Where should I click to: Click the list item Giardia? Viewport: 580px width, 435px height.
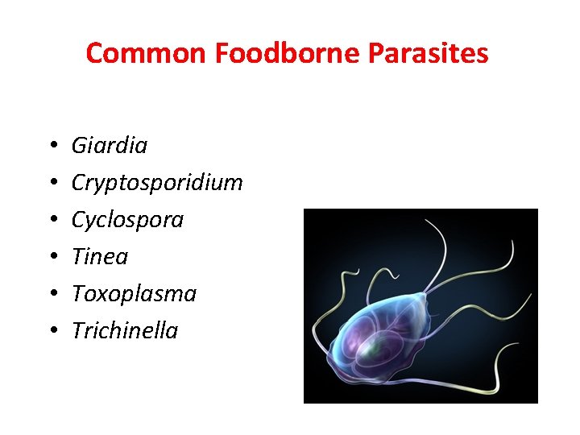110,146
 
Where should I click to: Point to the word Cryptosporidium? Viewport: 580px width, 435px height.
157,183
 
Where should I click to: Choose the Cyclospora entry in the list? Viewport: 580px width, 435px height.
127,220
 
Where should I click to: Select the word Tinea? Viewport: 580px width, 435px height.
100,256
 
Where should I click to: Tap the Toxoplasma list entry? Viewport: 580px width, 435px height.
134,293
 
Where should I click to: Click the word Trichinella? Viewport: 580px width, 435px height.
125,330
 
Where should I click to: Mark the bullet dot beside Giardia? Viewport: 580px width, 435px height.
50,147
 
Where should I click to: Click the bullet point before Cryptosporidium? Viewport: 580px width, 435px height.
50,184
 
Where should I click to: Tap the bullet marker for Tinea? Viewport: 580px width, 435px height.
50,257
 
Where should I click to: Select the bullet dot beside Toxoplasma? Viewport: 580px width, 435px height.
50,294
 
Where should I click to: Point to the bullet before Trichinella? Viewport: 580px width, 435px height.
50,331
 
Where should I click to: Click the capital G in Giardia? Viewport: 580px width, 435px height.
79,146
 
